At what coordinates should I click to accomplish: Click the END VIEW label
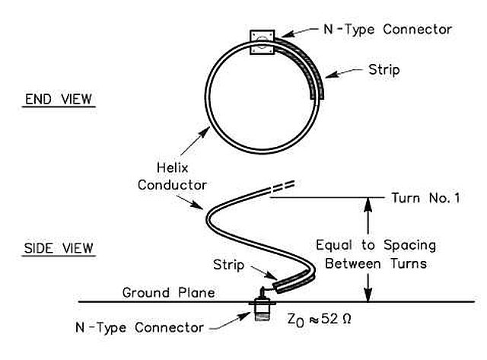[x=59, y=99]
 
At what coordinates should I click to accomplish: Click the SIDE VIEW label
[x=59, y=247]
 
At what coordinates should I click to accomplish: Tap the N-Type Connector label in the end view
[x=387, y=29]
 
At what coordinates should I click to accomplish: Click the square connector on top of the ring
[x=261, y=40]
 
